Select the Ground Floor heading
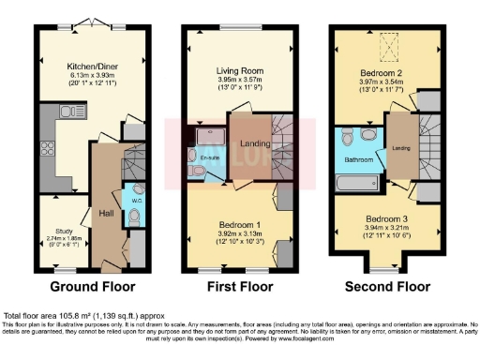pyautogui.click(x=92, y=286)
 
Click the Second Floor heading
pyautogui.click(x=384, y=286)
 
